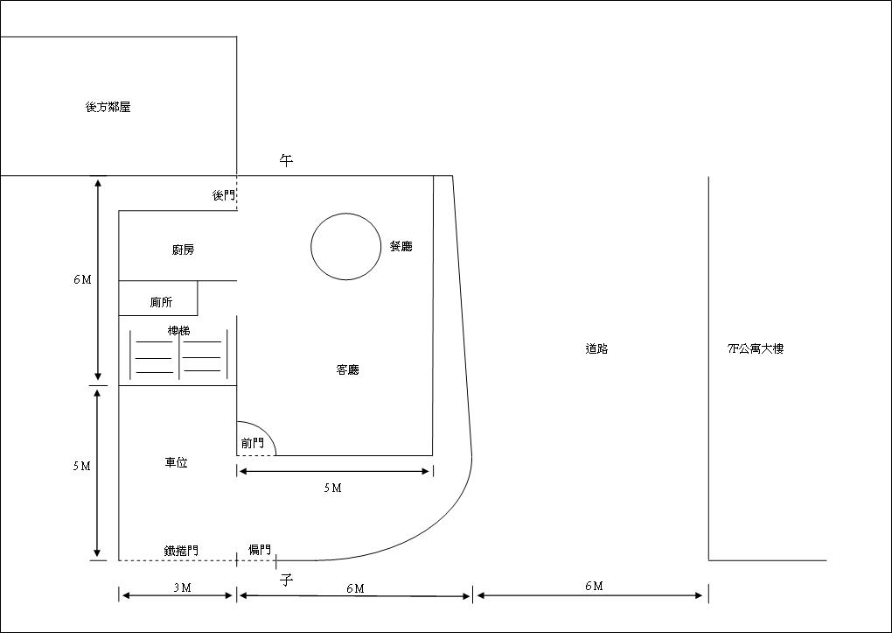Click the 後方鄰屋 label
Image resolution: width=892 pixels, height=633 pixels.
(108, 107)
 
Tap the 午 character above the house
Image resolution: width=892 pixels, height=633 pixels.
(286, 161)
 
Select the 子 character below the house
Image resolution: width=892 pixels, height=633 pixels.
(286, 580)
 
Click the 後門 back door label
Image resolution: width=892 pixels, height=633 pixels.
(224, 195)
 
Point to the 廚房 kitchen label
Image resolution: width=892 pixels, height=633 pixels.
(183, 250)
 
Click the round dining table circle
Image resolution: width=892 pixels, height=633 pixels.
(311, 247)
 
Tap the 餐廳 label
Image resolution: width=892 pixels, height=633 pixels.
(401, 246)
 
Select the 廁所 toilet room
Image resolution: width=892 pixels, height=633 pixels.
(158, 298)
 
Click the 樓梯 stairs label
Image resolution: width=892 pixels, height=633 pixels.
(178, 330)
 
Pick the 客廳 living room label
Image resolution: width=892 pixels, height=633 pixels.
(347, 369)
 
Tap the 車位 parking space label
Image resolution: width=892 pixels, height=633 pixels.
(177, 462)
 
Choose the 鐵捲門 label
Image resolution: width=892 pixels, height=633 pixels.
(182, 551)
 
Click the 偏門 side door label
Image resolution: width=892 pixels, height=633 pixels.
(260, 549)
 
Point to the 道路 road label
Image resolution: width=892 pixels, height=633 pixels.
(596, 348)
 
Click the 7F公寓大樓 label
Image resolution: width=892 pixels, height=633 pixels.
(756, 348)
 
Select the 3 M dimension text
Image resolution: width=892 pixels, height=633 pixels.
(182, 587)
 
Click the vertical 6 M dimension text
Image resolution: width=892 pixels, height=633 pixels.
(82, 280)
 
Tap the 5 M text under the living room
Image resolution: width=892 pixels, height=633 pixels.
(333, 488)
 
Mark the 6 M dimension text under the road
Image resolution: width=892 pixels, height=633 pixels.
(594, 586)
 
